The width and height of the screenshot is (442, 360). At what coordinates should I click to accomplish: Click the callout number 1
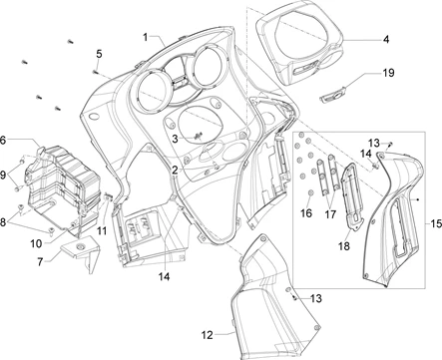pyautogui.click(x=146, y=37)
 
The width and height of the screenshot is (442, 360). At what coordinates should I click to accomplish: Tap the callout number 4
pyautogui.click(x=386, y=40)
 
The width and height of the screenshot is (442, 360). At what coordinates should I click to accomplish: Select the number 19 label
pyautogui.click(x=388, y=72)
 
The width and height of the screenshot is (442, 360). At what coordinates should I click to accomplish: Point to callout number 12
pyautogui.click(x=207, y=335)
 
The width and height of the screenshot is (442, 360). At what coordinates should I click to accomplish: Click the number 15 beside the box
pyautogui.click(x=436, y=223)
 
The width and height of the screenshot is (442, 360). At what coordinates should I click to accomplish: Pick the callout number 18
pyautogui.click(x=344, y=246)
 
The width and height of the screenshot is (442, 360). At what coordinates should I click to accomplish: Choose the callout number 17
pyautogui.click(x=330, y=214)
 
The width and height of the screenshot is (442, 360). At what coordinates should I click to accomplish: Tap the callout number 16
pyautogui.click(x=306, y=213)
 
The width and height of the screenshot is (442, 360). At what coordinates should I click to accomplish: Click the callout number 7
pyautogui.click(x=40, y=262)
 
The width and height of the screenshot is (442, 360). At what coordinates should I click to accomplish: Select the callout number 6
pyautogui.click(x=3, y=140)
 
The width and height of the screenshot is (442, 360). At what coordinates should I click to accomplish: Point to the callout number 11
pyautogui.click(x=102, y=230)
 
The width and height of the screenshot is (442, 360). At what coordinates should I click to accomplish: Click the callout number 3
pyautogui.click(x=176, y=139)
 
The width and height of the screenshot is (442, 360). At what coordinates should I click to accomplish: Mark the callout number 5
pyautogui.click(x=99, y=54)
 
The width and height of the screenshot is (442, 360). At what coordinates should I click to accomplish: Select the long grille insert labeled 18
pyautogui.click(x=353, y=196)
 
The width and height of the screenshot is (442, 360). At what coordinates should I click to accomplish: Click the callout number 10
pyautogui.click(x=36, y=243)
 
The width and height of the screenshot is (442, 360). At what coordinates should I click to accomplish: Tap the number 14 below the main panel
pyautogui.click(x=164, y=276)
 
